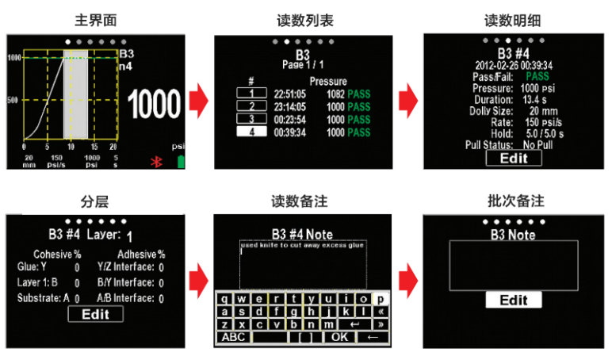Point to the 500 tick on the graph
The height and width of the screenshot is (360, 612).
click(13, 100)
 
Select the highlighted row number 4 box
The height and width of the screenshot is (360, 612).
click(251, 132)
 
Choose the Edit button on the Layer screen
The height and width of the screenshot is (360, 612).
click(95, 313)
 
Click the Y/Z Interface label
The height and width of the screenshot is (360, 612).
click(124, 267)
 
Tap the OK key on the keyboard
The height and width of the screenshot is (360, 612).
click(340, 336)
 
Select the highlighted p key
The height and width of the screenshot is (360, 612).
click(380, 299)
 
